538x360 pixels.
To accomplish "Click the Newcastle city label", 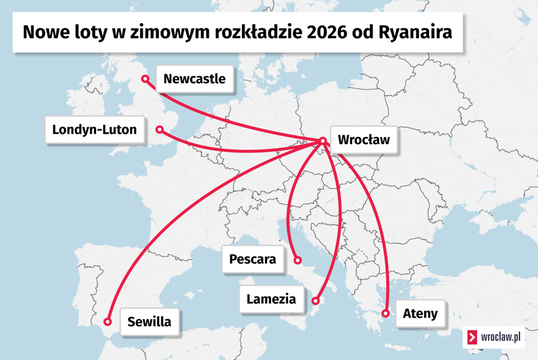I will (x=194, y=79).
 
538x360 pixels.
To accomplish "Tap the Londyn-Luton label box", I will (x=94, y=130).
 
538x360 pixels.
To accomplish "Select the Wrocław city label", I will (x=363, y=140).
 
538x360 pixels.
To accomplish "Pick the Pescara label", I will (x=252, y=259).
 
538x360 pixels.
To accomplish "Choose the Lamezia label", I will (x=271, y=299).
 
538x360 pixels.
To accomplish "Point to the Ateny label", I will (x=420, y=313).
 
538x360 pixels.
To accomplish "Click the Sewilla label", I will (x=149, y=321).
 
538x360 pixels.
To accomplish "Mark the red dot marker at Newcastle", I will (x=145, y=79).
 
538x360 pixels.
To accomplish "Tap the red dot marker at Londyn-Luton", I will (x=159, y=130).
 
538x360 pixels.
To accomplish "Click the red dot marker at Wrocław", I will (x=323, y=141).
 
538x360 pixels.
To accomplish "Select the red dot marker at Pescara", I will (x=298, y=261).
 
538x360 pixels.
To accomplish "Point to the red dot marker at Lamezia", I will (x=316, y=300).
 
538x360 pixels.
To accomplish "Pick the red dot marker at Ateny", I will (x=386, y=313).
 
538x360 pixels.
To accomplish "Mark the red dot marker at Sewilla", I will (x=108, y=322).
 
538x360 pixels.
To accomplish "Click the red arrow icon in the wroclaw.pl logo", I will (x=473, y=337).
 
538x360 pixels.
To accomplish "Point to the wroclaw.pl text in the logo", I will (x=500, y=337).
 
